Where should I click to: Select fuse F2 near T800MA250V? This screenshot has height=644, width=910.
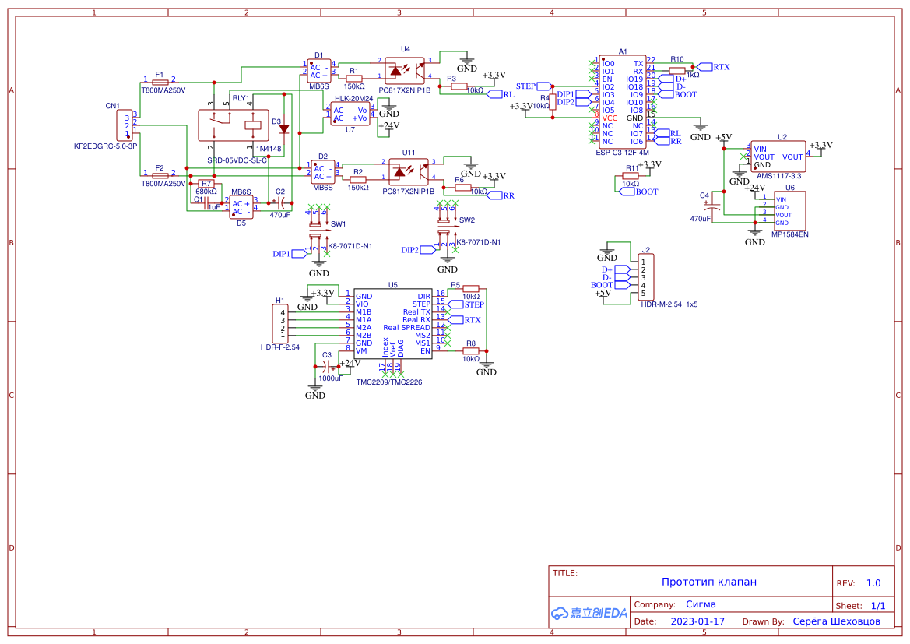click(x=160, y=175)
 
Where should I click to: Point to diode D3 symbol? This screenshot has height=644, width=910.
click(x=283, y=129)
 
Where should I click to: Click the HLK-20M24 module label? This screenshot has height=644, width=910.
click(x=354, y=99)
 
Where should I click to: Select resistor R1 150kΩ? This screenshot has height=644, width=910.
click(x=355, y=76)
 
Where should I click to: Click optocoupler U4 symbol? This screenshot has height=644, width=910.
click(x=405, y=71)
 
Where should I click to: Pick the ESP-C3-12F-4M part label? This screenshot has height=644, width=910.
click(x=622, y=153)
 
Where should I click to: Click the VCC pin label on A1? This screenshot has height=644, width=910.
click(x=610, y=118)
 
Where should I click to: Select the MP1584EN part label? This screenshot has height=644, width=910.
click(x=789, y=234)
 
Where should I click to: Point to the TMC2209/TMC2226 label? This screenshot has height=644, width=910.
click(x=389, y=382)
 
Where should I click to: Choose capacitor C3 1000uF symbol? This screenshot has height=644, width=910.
click(x=326, y=367)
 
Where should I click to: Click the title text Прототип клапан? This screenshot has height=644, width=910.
click(x=708, y=582)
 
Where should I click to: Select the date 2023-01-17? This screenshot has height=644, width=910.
click(x=697, y=621)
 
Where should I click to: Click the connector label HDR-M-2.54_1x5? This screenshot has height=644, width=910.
click(x=669, y=305)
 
